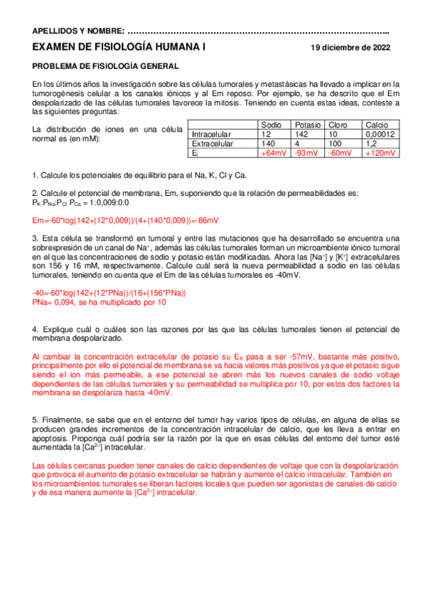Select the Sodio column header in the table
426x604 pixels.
pos(272,125)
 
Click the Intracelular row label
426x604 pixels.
pos(212,134)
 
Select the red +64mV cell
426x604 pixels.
pos(274,153)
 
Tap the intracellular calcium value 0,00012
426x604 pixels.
pos(380,134)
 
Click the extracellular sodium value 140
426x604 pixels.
pos(267,143)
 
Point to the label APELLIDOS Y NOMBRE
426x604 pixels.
pos(78,31)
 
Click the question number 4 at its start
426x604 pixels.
pos(36,330)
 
